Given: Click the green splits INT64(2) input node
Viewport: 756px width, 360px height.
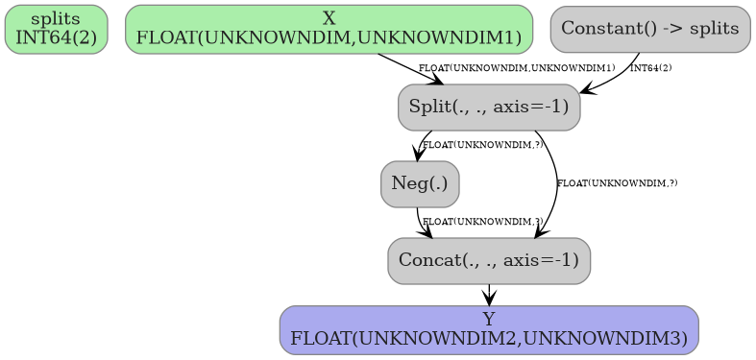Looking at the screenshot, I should tap(56, 29).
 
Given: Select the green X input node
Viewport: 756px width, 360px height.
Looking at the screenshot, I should tap(329, 29).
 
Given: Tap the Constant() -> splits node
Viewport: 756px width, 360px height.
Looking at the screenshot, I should tap(649, 29).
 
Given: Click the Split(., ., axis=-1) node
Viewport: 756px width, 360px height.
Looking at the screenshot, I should tap(489, 107).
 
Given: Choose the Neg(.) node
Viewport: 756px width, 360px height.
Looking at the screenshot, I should tap(420, 183).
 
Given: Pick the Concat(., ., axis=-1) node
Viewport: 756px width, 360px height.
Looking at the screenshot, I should tap(489, 260).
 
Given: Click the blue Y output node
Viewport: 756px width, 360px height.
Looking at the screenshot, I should tap(489, 329).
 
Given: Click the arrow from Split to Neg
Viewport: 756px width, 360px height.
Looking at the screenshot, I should tap(420, 146).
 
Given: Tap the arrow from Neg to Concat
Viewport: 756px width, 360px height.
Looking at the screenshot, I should tap(421, 225).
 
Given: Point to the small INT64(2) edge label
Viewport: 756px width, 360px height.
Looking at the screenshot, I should tap(651, 68).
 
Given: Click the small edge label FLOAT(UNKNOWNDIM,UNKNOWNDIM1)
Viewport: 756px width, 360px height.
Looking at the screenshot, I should tap(517, 68).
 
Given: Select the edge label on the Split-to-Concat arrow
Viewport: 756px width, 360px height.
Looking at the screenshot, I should tap(617, 182).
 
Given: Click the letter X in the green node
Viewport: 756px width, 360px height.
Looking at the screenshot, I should tap(329, 19).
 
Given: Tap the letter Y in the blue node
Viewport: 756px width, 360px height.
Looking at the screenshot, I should tap(489, 319).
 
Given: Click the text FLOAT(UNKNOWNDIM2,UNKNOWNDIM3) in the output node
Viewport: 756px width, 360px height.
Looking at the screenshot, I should tap(489, 339).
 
